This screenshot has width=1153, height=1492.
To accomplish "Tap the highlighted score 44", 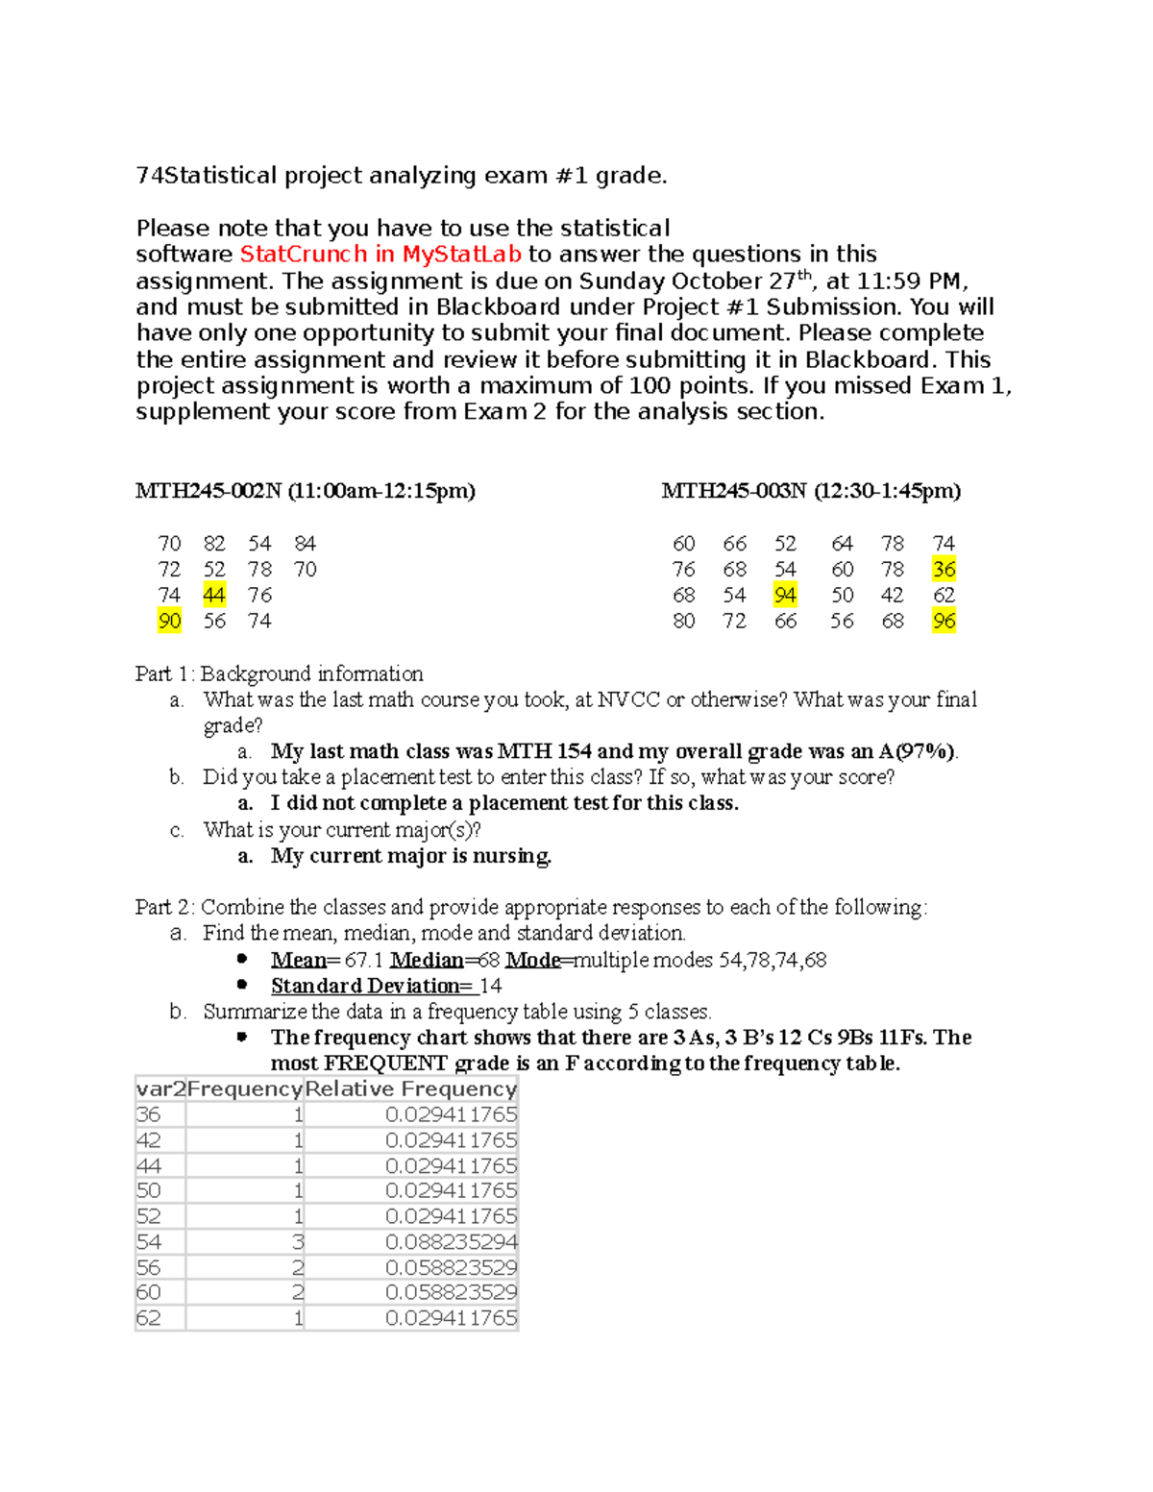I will click(214, 596).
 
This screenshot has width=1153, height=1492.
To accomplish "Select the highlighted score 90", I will click(169, 622).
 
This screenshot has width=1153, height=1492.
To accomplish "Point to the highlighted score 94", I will click(785, 596).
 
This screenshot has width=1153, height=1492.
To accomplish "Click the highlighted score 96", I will click(944, 622).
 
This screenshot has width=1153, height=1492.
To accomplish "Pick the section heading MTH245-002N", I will click(209, 491).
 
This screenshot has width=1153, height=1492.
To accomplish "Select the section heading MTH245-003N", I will click(734, 491).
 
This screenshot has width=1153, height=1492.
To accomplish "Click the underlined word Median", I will click(427, 960).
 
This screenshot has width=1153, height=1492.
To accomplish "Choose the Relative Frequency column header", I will click(410, 1088).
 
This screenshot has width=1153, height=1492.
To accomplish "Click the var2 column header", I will click(160, 1088).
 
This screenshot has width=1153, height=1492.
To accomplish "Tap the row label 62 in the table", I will click(149, 1318).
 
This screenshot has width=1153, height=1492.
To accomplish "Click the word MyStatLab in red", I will click(461, 255).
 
